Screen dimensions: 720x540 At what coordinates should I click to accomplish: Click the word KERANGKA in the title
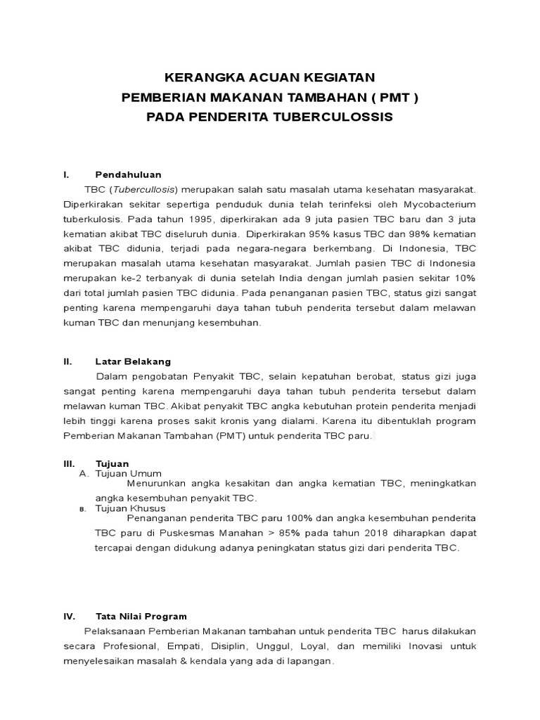(x=197, y=77)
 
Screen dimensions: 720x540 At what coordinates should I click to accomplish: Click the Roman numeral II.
(x=67, y=361)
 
